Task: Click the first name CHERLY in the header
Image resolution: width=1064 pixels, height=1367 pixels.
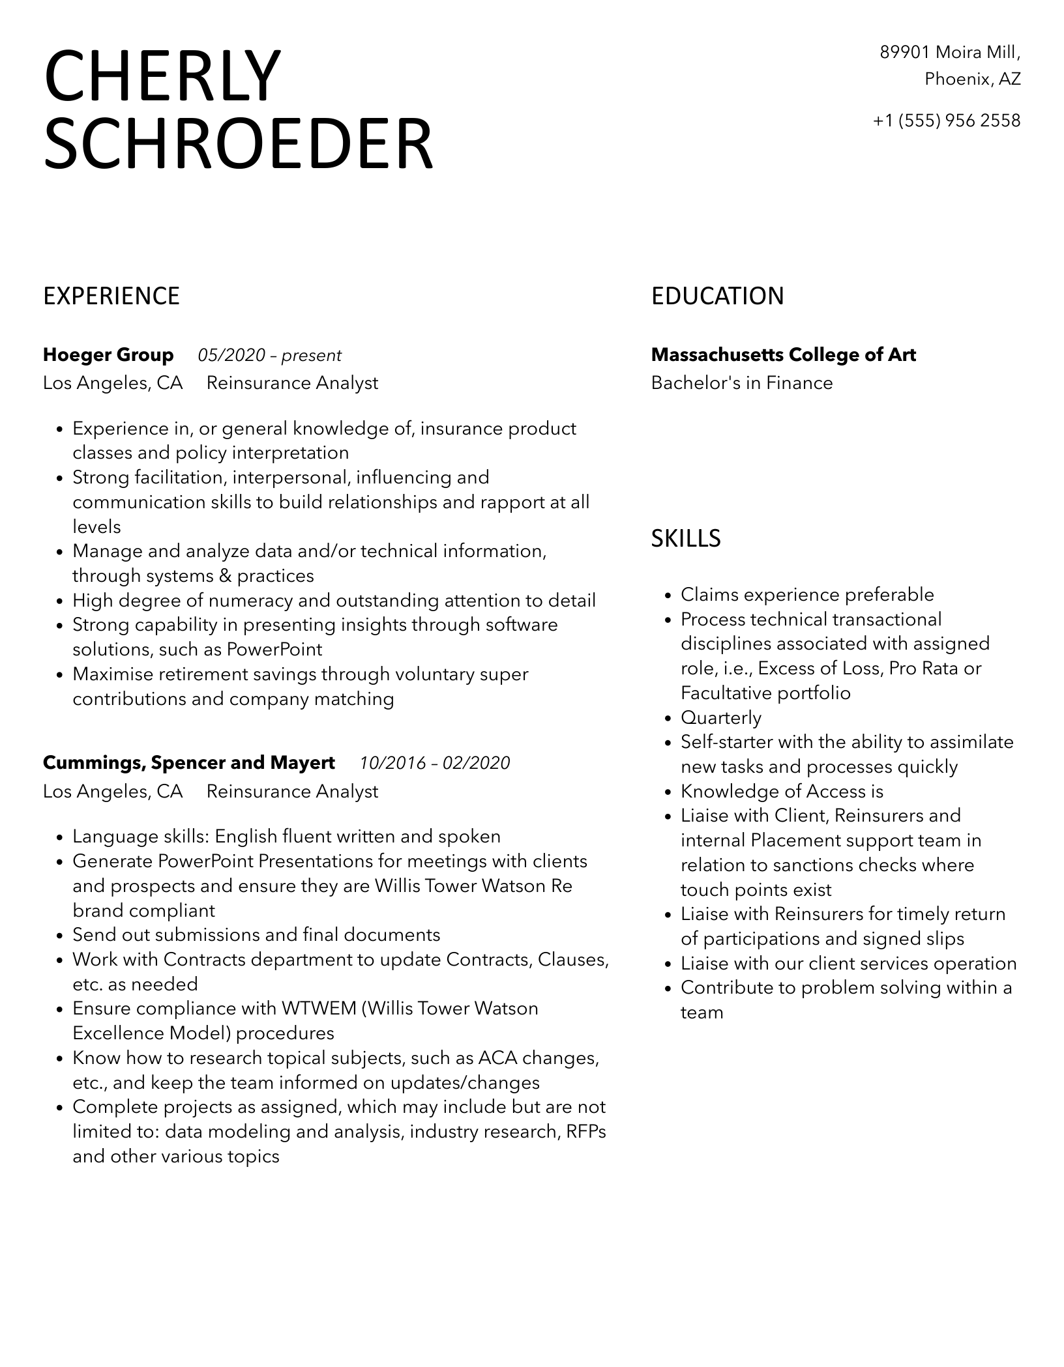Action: pos(162,77)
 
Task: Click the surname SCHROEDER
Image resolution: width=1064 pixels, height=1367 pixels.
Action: pos(238,144)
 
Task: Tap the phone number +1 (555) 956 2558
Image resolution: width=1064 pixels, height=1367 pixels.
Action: pos(947,121)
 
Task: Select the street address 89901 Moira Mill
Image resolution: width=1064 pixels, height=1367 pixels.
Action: pos(950,52)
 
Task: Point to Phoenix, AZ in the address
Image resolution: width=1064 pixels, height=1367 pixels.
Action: pos(972,79)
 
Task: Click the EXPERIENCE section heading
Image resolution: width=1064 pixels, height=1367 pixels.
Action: pos(111,296)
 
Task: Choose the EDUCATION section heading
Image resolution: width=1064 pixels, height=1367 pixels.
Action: pos(717,296)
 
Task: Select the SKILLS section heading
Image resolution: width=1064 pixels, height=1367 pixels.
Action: pos(686,538)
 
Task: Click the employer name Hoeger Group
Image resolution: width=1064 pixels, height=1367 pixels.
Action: pos(108,355)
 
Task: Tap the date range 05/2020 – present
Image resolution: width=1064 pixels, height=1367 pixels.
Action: pos(269,356)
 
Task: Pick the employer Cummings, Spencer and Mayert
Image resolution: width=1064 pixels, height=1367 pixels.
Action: pos(189,762)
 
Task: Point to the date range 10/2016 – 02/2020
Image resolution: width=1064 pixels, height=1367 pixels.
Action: pos(435,763)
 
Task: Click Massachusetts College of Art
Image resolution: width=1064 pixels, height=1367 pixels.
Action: pos(783,355)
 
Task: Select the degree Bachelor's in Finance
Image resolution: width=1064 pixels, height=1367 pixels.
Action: pos(742,383)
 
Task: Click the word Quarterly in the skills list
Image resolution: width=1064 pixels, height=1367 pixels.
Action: pos(721,717)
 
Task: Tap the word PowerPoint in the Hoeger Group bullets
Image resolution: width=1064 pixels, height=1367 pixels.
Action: pos(274,650)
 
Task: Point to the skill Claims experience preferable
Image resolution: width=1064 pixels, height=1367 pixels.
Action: pos(807,594)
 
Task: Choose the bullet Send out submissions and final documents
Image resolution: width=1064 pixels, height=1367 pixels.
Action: pos(256,935)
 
